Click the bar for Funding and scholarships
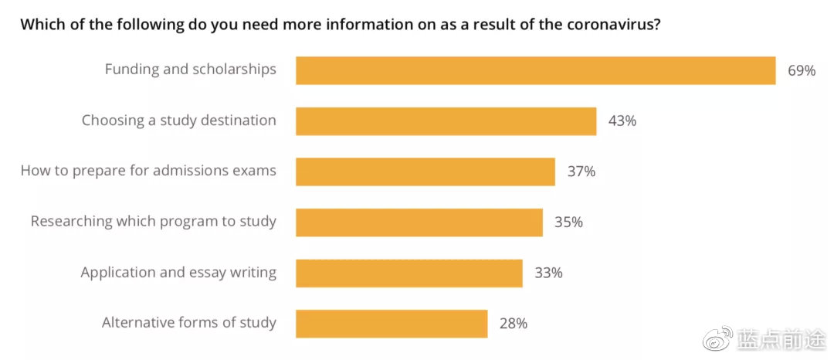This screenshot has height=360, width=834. (536, 70)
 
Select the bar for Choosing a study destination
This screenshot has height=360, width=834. (446, 121)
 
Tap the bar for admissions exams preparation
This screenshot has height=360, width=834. (425, 172)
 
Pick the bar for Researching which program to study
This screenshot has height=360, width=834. (419, 222)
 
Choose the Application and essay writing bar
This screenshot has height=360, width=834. (409, 273)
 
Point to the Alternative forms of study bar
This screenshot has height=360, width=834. (392, 324)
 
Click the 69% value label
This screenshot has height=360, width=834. (802, 71)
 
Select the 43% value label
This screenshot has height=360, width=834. (622, 121)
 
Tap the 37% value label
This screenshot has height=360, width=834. (581, 172)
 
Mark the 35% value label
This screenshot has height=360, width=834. (568, 222)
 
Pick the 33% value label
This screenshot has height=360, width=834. (548, 273)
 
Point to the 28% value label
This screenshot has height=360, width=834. (514, 324)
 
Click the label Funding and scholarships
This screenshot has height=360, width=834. (191, 70)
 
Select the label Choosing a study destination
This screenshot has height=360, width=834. (178, 121)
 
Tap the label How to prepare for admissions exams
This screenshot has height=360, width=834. (148, 172)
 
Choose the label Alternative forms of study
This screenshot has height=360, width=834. (189, 323)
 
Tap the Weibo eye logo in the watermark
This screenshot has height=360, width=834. (717, 339)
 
